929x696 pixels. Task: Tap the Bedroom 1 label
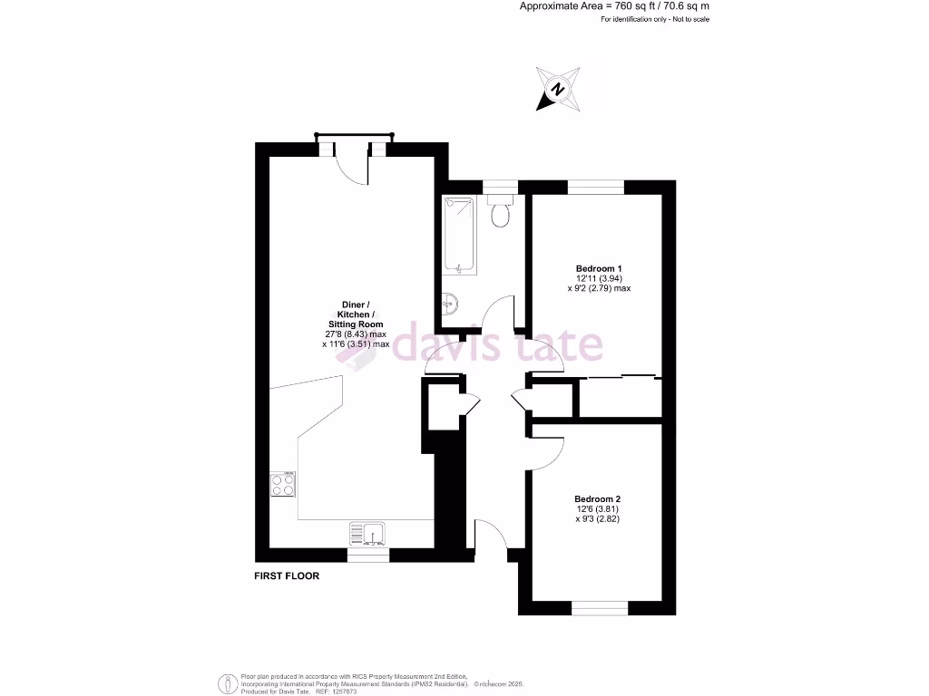[599, 268]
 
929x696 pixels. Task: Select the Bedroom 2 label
[597, 499]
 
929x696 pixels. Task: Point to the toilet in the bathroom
[500, 213]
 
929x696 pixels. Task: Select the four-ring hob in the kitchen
[282, 485]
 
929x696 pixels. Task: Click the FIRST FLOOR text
[288, 575]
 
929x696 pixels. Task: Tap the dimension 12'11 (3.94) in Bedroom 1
[598, 278]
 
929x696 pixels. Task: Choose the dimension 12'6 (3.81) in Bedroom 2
[597, 509]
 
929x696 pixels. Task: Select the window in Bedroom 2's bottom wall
[598, 606]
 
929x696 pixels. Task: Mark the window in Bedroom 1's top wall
[597, 187]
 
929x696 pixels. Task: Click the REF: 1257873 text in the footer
[330, 691]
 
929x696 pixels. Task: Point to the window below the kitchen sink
[368, 554]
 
